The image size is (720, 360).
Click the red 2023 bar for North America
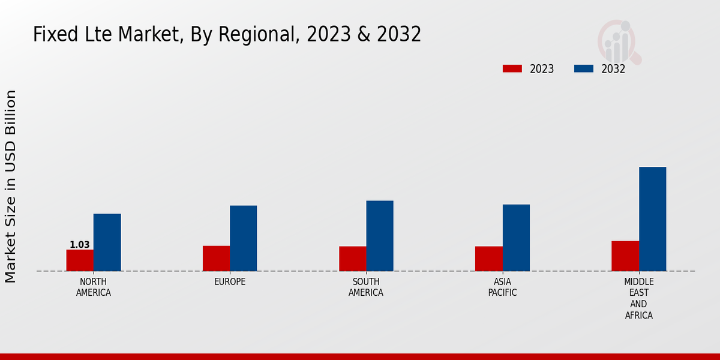[80, 260]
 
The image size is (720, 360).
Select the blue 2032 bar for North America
[107, 242]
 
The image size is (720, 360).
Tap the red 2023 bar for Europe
[216, 259]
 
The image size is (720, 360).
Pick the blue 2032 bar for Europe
[244, 238]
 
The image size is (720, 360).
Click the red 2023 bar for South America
[353, 259]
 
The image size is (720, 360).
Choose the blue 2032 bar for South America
[380, 236]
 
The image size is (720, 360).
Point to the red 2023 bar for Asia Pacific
[489, 259]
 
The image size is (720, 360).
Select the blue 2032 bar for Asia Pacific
[516, 238]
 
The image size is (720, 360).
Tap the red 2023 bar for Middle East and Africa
[625, 256]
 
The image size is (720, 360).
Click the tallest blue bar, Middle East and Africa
[653, 219]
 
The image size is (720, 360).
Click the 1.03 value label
[80, 245]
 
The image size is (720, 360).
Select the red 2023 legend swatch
[512, 69]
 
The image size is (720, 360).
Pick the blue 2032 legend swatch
[584, 69]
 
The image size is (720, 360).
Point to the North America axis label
[94, 287]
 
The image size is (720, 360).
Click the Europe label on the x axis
[230, 282]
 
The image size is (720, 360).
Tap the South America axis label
[366, 287]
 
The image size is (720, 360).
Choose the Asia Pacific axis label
[503, 287]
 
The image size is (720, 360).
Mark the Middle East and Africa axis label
[639, 298]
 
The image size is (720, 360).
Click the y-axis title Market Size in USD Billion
[11, 186]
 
